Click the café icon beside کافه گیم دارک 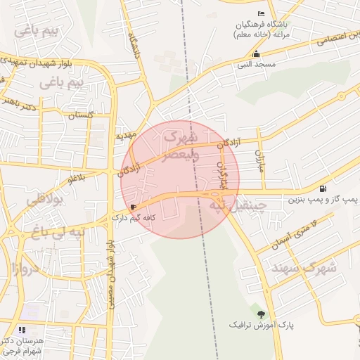(134, 207)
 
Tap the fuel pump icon (323, 188)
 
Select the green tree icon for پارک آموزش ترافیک (262, 314)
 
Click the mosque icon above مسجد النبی (256, 53)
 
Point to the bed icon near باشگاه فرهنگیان (262, 13)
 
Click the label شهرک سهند (313, 267)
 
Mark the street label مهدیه (125, 134)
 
